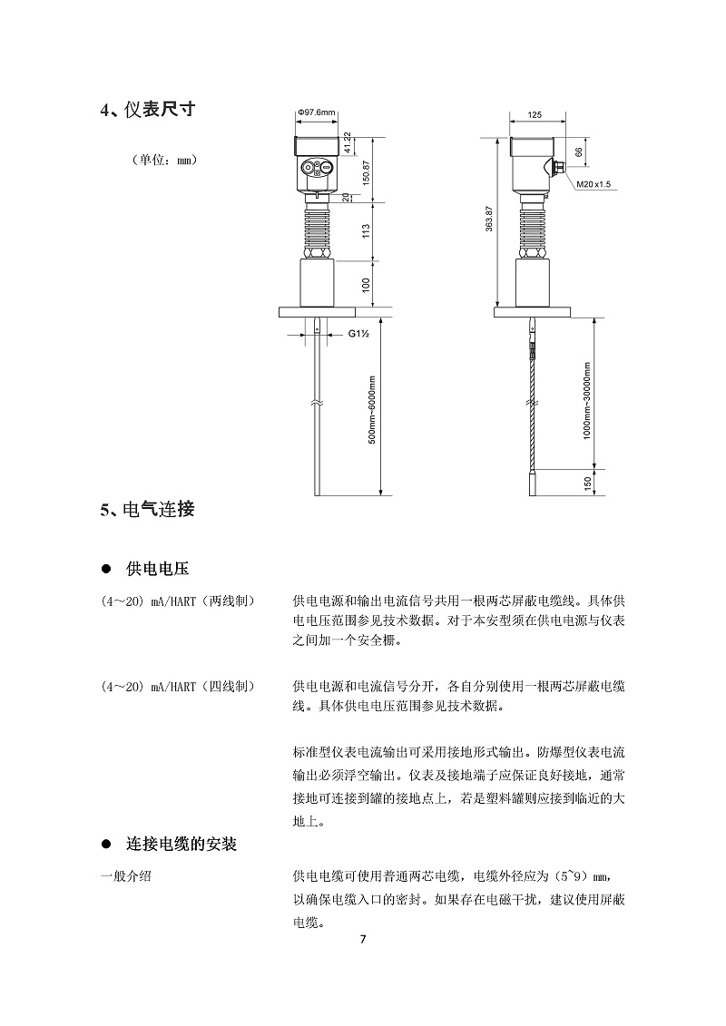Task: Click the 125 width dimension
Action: (x=534, y=116)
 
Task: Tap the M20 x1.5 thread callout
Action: (x=594, y=184)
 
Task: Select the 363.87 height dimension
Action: (x=489, y=227)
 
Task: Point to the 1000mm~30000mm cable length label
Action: (x=587, y=400)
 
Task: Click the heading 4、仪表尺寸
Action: (x=148, y=110)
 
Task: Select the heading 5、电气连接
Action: (x=147, y=509)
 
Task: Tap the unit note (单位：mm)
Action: (x=164, y=160)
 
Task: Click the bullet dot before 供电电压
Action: (x=105, y=569)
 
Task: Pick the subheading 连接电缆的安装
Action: (x=181, y=844)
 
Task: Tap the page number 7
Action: (x=363, y=938)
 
